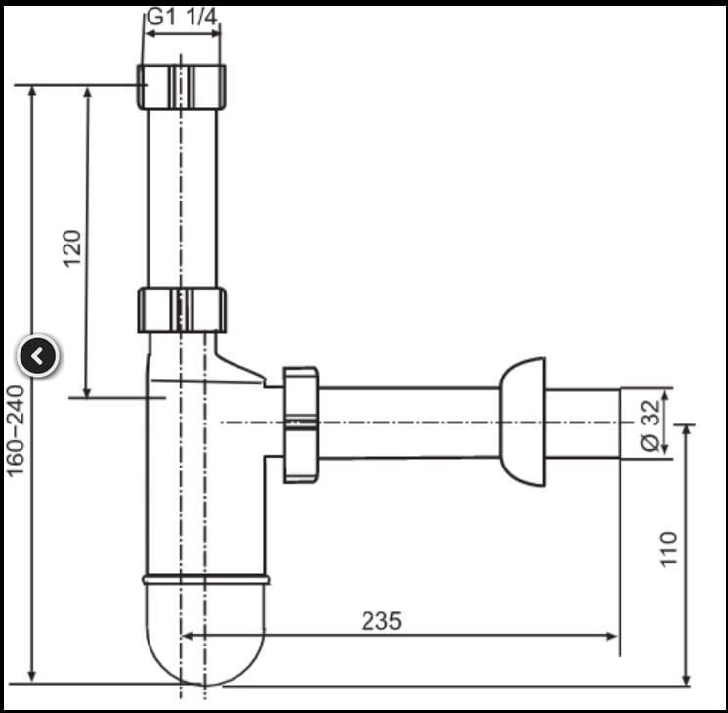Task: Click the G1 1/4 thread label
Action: point(182,18)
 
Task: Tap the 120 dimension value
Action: point(72,248)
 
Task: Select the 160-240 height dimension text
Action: point(15,430)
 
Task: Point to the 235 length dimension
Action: point(381,620)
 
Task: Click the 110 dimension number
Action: point(668,549)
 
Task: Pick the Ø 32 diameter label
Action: point(650,424)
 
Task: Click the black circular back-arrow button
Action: point(38,356)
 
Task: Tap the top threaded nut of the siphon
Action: point(182,86)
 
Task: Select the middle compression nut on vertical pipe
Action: point(182,310)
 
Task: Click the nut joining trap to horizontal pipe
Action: point(301,424)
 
